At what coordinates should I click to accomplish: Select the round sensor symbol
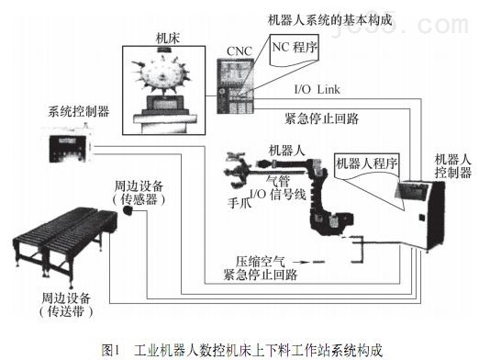click(129, 212)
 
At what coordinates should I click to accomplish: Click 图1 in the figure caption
click(111, 348)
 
